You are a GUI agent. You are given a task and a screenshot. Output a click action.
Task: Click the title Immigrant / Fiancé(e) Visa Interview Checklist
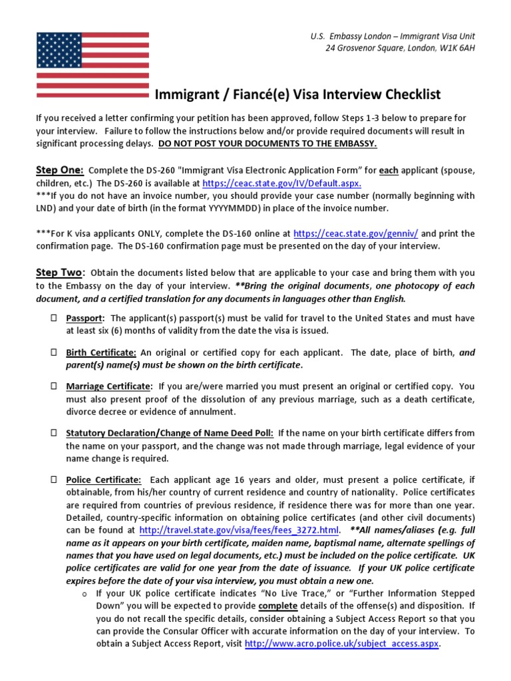point(297,95)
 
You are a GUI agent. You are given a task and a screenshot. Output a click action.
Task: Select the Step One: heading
point(60,170)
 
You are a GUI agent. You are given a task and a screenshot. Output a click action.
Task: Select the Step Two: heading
point(60,273)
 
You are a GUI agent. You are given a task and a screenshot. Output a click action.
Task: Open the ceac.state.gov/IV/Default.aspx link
point(281,184)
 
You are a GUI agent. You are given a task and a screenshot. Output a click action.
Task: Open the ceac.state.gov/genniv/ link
point(355,233)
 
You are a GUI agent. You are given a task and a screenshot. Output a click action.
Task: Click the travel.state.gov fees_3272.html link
point(240,530)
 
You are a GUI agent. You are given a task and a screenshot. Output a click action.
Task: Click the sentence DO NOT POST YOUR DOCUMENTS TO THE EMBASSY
point(267,143)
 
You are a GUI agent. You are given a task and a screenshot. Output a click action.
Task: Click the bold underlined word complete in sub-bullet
point(277,606)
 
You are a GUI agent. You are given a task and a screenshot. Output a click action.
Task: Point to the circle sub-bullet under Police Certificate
point(85,593)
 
